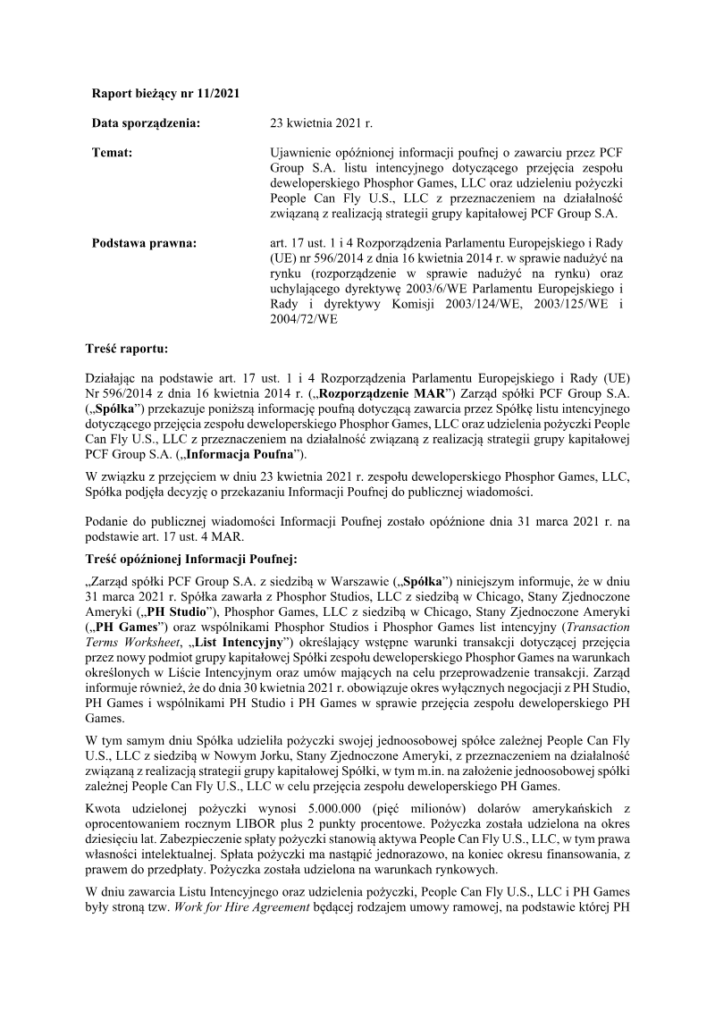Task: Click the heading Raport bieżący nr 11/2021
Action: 165,93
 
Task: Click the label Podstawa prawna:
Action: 146,242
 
